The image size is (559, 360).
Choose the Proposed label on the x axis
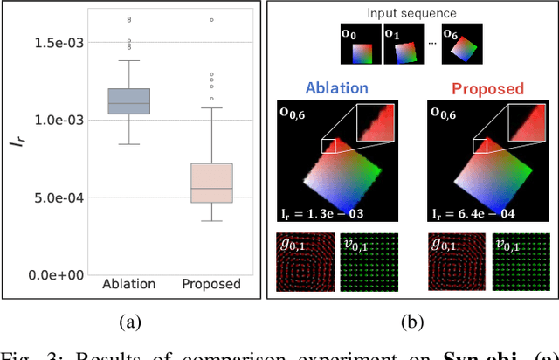pyautogui.click(x=211, y=284)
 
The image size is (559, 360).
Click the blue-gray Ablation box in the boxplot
pyautogui.click(x=128, y=101)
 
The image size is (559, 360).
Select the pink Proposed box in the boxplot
pyautogui.click(x=211, y=183)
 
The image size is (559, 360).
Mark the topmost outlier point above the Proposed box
pyautogui.click(x=211, y=19)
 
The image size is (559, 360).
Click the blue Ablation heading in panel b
pyautogui.click(x=338, y=88)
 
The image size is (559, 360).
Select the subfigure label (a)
pyautogui.click(x=129, y=322)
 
